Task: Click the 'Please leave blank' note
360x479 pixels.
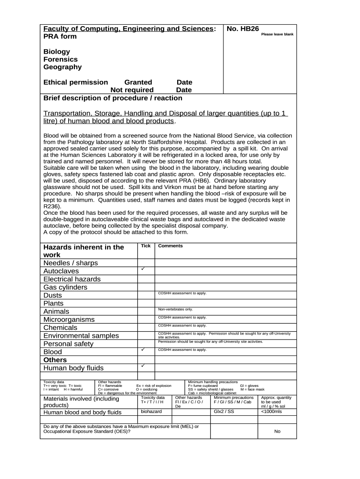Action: [277, 35]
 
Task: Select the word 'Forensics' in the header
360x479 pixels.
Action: [60, 59]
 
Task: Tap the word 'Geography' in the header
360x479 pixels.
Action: [62, 67]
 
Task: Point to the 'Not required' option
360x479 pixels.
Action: [132, 90]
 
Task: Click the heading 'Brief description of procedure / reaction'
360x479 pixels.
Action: [113, 98]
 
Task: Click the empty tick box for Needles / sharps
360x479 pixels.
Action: [146, 263]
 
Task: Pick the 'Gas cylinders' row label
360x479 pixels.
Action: [65, 287]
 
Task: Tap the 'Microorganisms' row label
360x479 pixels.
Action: [69, 319]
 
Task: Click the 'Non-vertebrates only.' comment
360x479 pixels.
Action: [175, 309]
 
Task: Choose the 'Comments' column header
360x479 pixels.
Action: [170, 246]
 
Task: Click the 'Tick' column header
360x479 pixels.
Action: [146, 246]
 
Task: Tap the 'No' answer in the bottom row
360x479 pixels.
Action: [277, 431]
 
